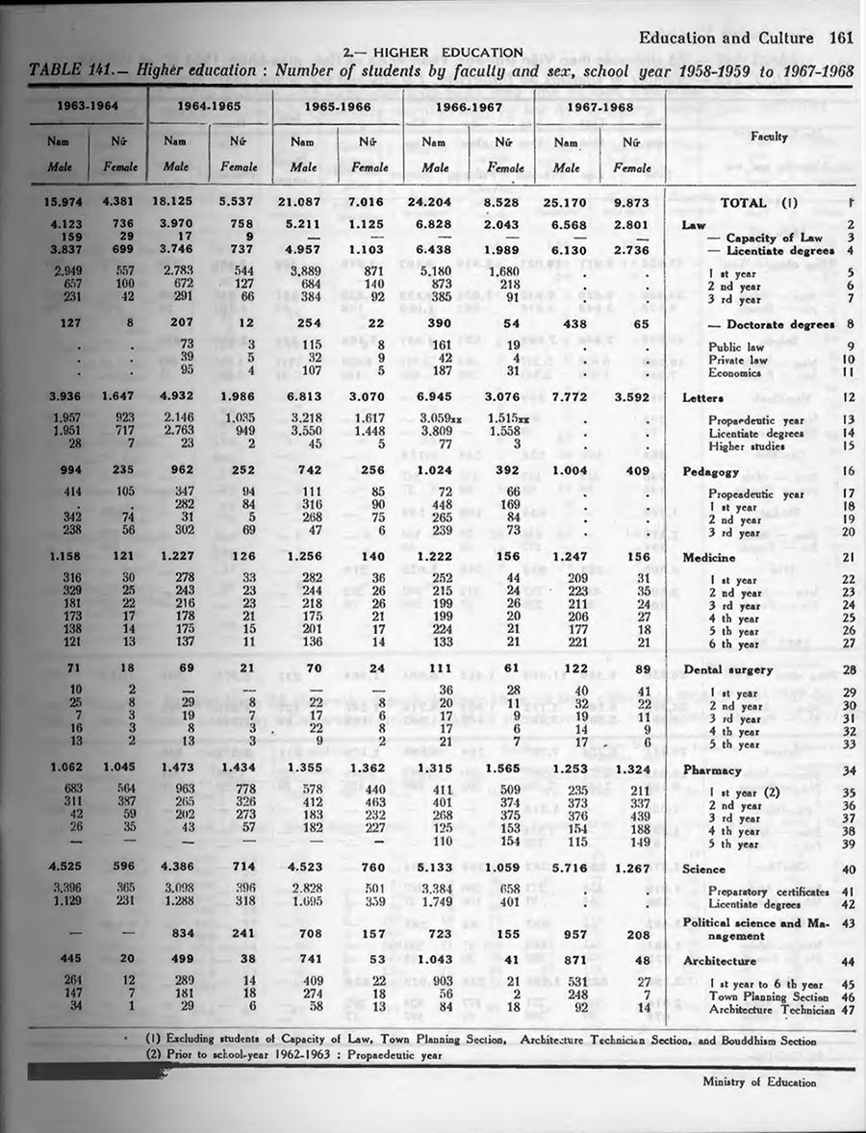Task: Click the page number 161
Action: point(841,39)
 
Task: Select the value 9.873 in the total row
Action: point(630,203)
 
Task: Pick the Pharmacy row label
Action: point(712,770)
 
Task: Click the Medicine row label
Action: point(709,557)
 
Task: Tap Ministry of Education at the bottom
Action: point(759,1081)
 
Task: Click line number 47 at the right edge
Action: point(847,1010)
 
